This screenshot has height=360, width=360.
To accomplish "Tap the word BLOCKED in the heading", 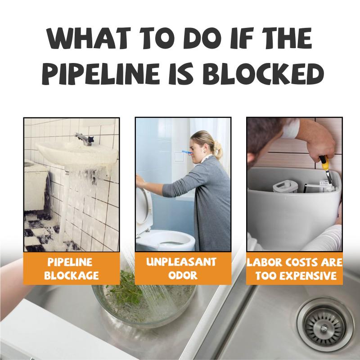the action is click(x=263, y=73).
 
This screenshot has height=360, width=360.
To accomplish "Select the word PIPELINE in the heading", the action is click(x=100, y=73).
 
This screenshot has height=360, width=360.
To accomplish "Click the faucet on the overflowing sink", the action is click(x=84, y=139).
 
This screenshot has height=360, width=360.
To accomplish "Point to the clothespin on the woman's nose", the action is click(x=188, y=152).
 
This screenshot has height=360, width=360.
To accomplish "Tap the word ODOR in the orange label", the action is click(x=183, y=275).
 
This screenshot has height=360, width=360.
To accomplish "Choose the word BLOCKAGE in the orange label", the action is click(x=72, y=275).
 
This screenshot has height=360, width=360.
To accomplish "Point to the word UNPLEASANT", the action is click(x=181, y=262).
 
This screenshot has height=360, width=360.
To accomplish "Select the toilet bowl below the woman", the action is click(x=166, y=240).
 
